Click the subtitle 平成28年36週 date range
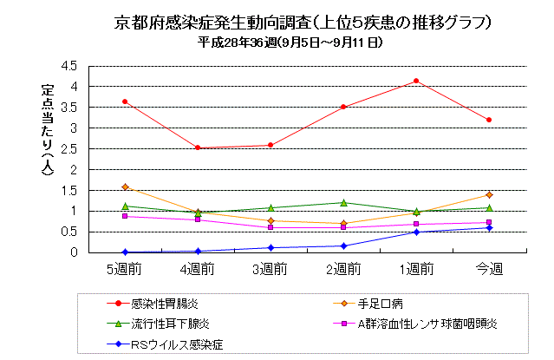point(290,43)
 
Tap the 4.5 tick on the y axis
point(70,66)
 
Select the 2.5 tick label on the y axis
point(70,148)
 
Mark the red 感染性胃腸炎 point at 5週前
point(125,101)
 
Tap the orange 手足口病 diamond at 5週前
point(125,187)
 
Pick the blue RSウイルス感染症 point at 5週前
point(125,252)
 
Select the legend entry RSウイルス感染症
point(178,344)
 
